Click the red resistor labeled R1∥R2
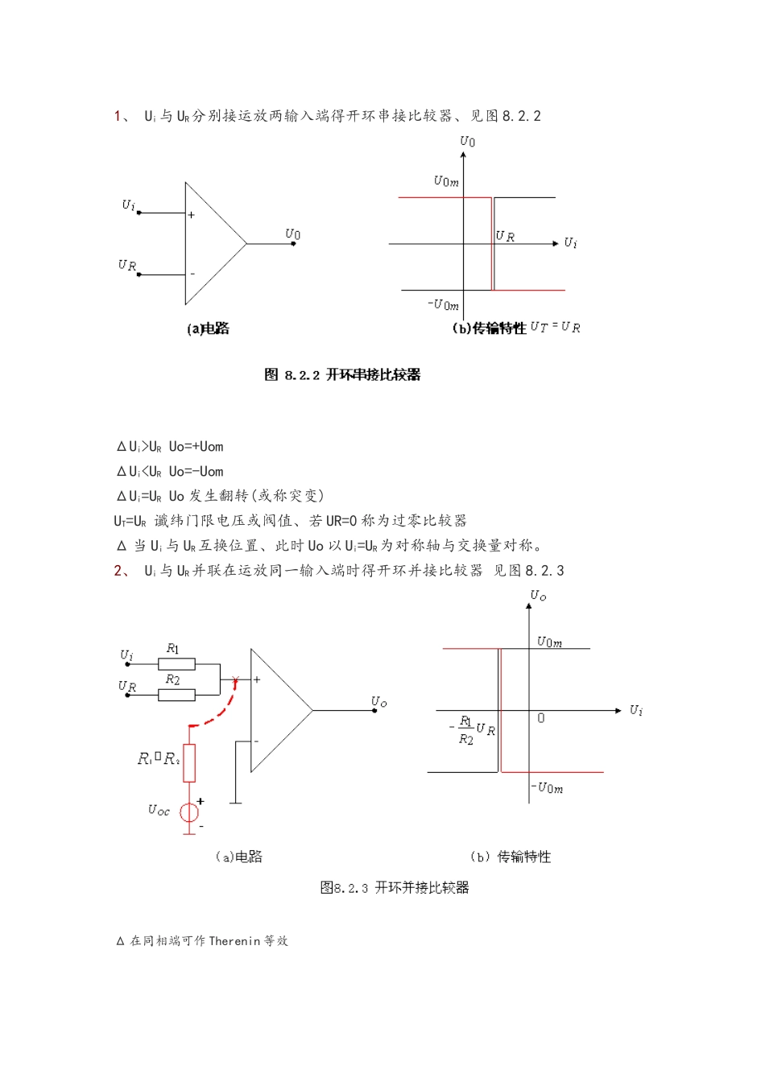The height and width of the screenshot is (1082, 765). coord(189,762)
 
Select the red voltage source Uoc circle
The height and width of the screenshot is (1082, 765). coord(189,812)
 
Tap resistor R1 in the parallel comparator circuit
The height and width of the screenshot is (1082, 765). coord(176,664)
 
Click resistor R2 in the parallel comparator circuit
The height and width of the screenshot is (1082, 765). coord(176,694)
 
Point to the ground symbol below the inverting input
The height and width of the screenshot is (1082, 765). coord(235,802)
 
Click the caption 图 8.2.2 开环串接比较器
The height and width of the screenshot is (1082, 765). coord(342,374)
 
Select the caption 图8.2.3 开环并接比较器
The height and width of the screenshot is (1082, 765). coord(395,887)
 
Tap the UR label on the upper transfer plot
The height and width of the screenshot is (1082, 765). coord(505,236)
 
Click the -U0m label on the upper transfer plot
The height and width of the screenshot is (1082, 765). coord(443,304)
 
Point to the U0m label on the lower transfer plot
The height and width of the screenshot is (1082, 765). coord(550,642)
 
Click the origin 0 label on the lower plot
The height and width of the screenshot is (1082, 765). coord(540,718)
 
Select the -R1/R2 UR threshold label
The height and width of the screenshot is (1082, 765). coord(473,730)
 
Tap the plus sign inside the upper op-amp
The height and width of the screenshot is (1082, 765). coord(192,215)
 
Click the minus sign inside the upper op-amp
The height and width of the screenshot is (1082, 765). coord(192,275)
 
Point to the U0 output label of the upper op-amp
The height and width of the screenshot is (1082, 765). coord(293,234)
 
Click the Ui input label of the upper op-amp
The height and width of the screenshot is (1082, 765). coord(129,205)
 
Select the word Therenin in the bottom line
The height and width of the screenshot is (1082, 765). coord(235,940)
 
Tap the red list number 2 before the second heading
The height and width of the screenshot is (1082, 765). coord(118,571)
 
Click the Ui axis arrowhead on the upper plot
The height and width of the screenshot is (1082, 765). coord(555,243)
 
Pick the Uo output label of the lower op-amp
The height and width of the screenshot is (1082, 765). coord(378,702)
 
